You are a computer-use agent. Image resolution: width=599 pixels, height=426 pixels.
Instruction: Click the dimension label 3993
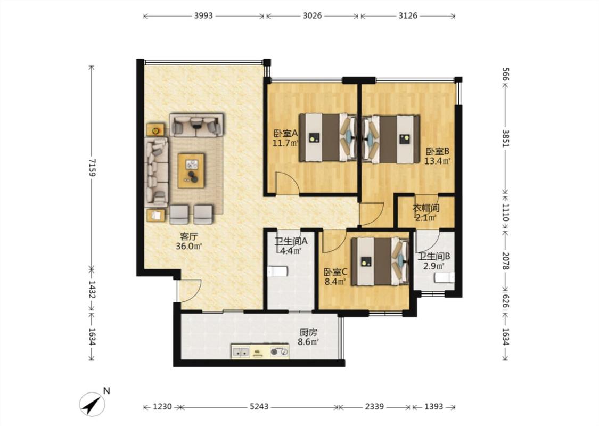203,15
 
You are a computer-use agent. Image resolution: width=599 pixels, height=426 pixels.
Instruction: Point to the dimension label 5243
259,406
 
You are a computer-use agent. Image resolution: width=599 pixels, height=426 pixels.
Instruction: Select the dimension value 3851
505,138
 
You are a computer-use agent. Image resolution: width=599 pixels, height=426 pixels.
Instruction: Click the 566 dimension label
505,75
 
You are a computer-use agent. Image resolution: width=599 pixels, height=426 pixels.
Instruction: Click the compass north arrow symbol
92,404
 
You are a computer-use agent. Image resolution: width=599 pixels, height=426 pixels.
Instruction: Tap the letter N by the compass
107,390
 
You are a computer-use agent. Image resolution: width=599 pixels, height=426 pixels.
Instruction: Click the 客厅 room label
188,236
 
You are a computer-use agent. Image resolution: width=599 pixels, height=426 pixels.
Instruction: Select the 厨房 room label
308,332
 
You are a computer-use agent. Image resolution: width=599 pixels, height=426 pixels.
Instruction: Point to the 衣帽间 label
426,208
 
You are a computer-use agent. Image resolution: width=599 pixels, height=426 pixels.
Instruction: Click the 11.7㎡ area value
285,143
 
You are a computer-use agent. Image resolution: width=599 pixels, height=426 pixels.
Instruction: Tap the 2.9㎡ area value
433,266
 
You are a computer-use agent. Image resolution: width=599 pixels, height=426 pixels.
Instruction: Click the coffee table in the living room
191,170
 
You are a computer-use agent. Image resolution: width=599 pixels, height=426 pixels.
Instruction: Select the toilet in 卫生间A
277,272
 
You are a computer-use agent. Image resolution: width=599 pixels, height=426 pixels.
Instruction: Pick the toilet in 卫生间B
444,277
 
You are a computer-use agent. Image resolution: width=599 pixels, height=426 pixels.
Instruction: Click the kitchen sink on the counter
241,352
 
